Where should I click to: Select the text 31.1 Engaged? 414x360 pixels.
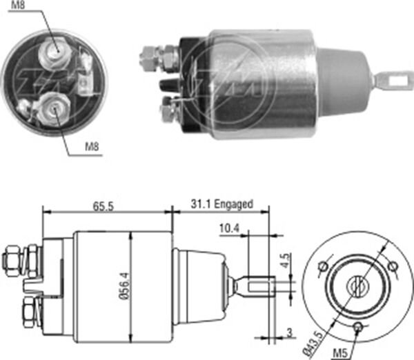[x=221, y=204]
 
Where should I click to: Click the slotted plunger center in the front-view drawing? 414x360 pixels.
[x=357, y=283]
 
